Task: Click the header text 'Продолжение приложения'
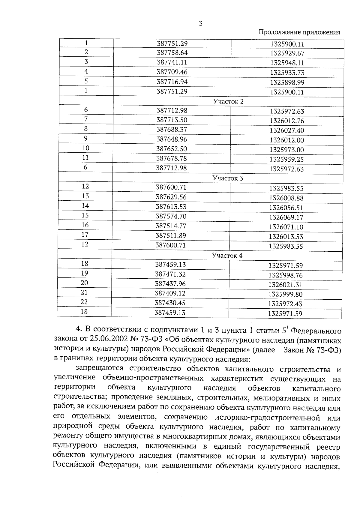click(x=299, y=32)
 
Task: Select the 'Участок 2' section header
click(x=228, y=101)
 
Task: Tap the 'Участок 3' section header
click(x=228, y=178)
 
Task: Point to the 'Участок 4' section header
click(x=227, y=256)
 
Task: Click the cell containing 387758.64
click(x=172, y=53)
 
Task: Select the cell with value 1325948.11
click(x=287, y=63)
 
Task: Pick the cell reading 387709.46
click(x=172, y=72)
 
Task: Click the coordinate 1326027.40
click(x=287, y=130)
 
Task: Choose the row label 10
click(x=86, y=148)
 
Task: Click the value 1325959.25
click(x=286, y=159)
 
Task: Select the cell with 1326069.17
click(x=286, y=217)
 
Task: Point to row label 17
click(x=85, y=235)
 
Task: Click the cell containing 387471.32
click(x=170, y=274)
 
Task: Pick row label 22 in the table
click(x=84, y=302)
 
